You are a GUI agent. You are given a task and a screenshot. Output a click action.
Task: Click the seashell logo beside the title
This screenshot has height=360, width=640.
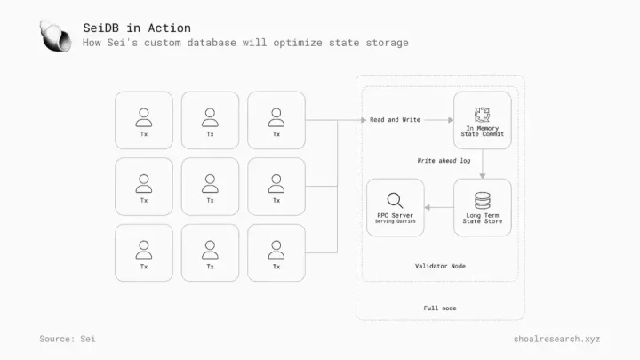56,36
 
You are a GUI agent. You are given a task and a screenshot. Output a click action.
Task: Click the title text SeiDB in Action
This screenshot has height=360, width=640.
137,28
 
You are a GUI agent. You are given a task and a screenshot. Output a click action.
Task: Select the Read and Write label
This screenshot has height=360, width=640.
395,120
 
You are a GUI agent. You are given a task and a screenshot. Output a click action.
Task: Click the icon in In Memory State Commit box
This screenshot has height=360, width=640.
482,115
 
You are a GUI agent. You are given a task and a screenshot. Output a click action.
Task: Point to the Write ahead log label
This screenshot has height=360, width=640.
444,161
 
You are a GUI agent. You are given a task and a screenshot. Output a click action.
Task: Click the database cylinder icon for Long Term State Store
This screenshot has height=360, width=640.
483,200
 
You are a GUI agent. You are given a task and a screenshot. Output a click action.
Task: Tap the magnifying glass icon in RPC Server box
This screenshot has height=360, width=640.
395,200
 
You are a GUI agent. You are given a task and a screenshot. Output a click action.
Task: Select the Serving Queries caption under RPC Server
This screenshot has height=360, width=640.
395,221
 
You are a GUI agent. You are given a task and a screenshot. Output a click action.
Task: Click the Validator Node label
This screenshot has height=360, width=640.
440,266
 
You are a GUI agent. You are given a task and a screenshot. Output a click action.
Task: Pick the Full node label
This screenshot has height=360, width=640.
440,308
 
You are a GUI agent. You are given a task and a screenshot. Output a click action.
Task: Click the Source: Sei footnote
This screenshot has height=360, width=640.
68,339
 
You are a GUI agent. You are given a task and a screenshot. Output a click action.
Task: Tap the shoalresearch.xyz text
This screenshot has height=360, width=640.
556,339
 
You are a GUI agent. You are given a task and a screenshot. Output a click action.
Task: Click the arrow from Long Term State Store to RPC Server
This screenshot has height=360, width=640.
439,208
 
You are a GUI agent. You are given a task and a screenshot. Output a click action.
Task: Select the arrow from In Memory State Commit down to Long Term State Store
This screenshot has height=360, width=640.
483,164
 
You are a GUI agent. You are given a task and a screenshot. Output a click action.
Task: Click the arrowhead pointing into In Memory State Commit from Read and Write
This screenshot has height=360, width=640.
451,120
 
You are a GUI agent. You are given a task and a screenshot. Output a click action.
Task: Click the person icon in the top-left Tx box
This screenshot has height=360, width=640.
144,117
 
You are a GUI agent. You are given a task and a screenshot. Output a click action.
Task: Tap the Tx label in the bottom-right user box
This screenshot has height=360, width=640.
276,267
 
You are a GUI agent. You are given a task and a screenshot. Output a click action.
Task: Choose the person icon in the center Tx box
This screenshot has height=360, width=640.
210,184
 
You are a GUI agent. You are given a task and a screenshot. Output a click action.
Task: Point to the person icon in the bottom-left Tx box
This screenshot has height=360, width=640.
144,250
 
